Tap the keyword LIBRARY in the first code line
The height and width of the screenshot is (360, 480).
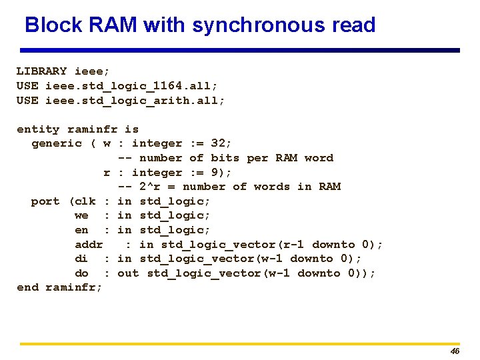pyautogui.click(x=41, y=71)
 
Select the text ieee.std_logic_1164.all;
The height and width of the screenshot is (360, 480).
pyautogui.click(x=131, y=85)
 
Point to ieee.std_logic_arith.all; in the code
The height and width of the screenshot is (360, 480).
pyautogui.click(x=135, y=100)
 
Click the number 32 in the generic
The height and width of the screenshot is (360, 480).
pyautogui.click(x=218, y=143)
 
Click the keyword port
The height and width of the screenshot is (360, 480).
pyautogui.click(x=45, y=201)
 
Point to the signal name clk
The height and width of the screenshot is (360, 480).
pyautogui.click(x=85, y=201)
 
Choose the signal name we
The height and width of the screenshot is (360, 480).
pyautogui.click(x=81, y=215)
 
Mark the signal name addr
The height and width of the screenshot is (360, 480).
pyautogui.click(x=89, y=245)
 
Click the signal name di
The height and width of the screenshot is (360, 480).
pyautogui.click(x=81, y=259)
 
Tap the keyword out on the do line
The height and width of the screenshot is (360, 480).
pyautogui.click(x=128, y=273)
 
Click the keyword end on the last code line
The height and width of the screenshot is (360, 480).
pyautogui.click(x=27, y=287)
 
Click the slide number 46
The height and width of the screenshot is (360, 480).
pyautogui.click(x=455, y=351)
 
